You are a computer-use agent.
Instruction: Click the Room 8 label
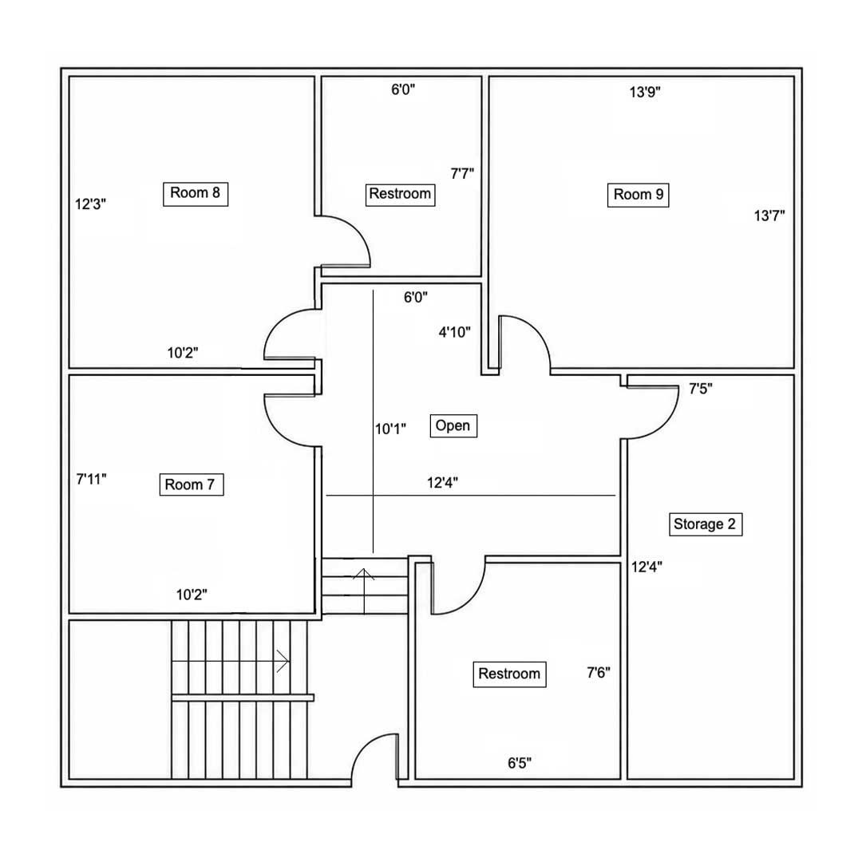pyautogui.click(x=196, y=194)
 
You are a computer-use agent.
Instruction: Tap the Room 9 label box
pyautogui.click(x=638, y=196)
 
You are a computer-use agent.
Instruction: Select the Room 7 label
pyautogui.click(x=192, y=484)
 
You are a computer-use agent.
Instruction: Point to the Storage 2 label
pyautogui.click(x=706, y=524)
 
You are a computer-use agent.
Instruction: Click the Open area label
pyautogui.click(x=453, y=425)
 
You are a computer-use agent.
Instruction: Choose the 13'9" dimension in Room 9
pyautogui.click(x=645, y=92)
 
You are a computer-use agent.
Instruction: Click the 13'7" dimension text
pyautogui.click(x=769, y=215)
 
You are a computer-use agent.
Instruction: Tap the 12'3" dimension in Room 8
pyautogui.click(x=90, y=204)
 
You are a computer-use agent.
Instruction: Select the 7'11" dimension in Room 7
pyautogui.click(x=91, y=479)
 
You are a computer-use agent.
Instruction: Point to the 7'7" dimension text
pyautogui.click(x=462, y=174)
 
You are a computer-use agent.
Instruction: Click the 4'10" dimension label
pyautogui.click(x=455, y=332)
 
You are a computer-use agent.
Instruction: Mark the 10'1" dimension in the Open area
pyautogui.click(x=390, y=429)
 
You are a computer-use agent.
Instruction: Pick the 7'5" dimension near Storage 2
pyautogui.click(x=701, y=389)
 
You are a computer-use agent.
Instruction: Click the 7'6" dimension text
pyautogui.click(x=598, y=672)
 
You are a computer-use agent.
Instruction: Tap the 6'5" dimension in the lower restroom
pyautogui.click(x=519, y=763)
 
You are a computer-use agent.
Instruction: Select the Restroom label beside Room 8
pyautogui.click(x=400, y=195)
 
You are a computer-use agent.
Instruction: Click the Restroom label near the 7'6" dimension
pyautogui.click(x=509, y=674)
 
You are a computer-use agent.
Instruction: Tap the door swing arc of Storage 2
pyautogui.click(x=663, y=427)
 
